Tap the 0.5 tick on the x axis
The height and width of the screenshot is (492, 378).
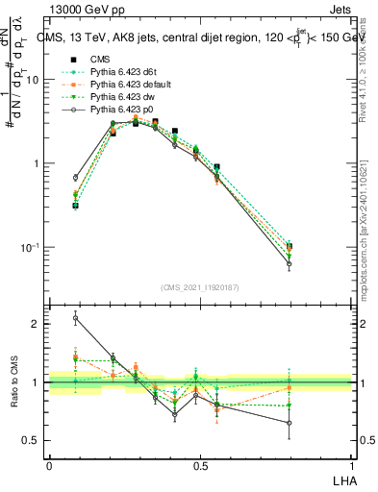[x=200, y=467]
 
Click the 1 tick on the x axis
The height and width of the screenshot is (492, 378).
[x=352, y=467]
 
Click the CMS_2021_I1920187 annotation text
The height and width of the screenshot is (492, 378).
[x=199, y=287]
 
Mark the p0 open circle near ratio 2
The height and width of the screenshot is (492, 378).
[x=75, y=318]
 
